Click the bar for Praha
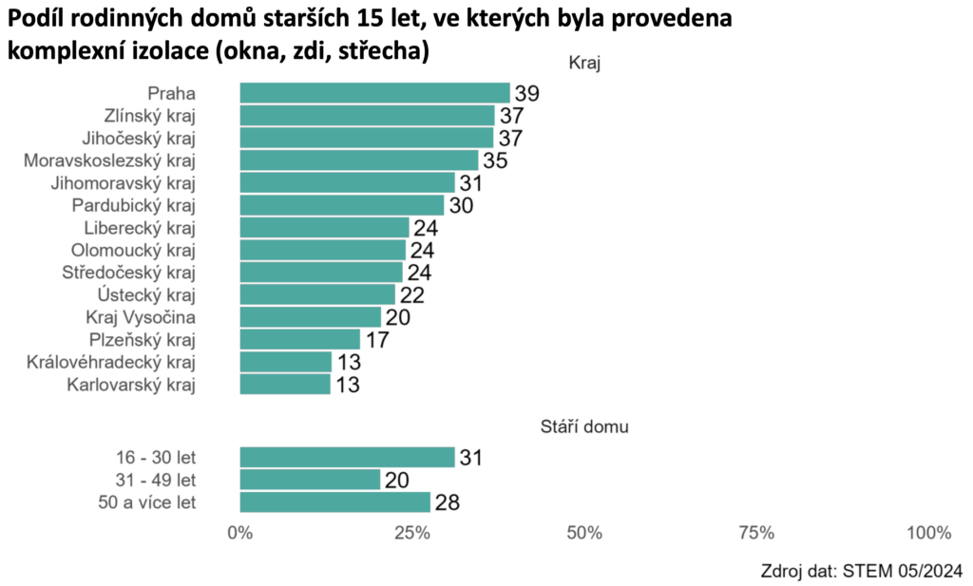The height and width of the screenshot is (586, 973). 374,92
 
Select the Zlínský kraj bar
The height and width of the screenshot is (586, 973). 367,115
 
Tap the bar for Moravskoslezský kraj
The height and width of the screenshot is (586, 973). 359,160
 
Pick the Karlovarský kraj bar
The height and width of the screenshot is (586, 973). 285,385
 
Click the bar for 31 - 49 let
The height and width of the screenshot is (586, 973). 310,480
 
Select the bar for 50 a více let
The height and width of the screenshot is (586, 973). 335,502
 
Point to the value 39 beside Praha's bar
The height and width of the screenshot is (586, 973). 526,93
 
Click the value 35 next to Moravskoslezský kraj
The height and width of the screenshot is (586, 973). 494,161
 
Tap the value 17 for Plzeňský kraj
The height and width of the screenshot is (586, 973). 376,340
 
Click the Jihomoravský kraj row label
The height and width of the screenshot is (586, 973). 123,182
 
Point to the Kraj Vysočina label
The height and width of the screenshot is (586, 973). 141,317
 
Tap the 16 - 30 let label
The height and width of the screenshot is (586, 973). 153,458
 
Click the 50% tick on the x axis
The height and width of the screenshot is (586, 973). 584,533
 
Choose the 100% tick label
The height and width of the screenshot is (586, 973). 928,533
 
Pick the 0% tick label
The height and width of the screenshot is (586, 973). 240,533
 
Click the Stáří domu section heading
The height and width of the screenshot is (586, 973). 580,427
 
